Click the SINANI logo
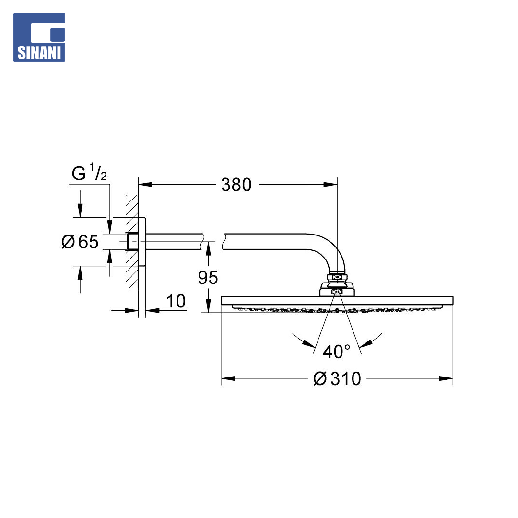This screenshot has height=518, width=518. click(39, 37)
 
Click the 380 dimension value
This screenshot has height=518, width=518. click(236, 185)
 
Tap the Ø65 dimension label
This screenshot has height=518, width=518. click(80, 241)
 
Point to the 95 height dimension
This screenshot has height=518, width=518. click(208, 278)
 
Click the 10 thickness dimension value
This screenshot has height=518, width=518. click(176, 301)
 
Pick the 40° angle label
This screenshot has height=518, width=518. click(336, 352)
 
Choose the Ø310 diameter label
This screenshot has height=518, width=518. click(337, 378)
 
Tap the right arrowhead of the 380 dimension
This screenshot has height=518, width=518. click(330, 184)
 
